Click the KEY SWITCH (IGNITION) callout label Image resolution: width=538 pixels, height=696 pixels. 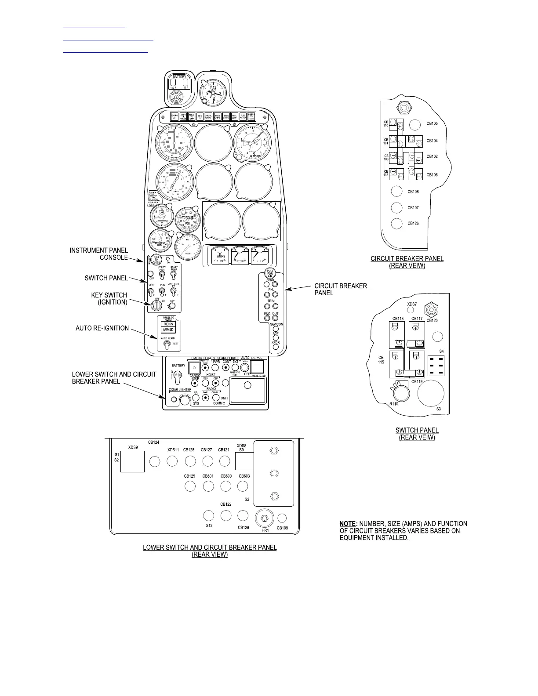109,299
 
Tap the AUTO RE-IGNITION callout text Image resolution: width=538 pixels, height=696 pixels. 102,328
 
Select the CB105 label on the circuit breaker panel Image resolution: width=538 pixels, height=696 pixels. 432,123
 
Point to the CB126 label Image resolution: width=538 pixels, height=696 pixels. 413,224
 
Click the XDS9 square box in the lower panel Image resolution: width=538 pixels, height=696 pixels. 133,461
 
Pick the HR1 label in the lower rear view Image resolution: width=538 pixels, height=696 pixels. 265,530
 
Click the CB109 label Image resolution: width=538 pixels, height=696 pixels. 282,528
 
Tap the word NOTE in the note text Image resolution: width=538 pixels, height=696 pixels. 348,524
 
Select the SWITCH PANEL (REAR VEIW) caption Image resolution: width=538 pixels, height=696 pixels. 417,434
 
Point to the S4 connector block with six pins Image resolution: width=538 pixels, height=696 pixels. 435,366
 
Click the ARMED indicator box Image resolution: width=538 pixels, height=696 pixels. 168,330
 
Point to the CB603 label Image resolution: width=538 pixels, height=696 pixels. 244,476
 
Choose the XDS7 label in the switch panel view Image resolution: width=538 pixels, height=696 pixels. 412,304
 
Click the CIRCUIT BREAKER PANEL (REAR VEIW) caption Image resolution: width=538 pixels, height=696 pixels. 407,262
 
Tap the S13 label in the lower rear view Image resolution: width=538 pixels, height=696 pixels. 209,526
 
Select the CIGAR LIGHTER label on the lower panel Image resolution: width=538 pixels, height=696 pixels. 180,389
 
